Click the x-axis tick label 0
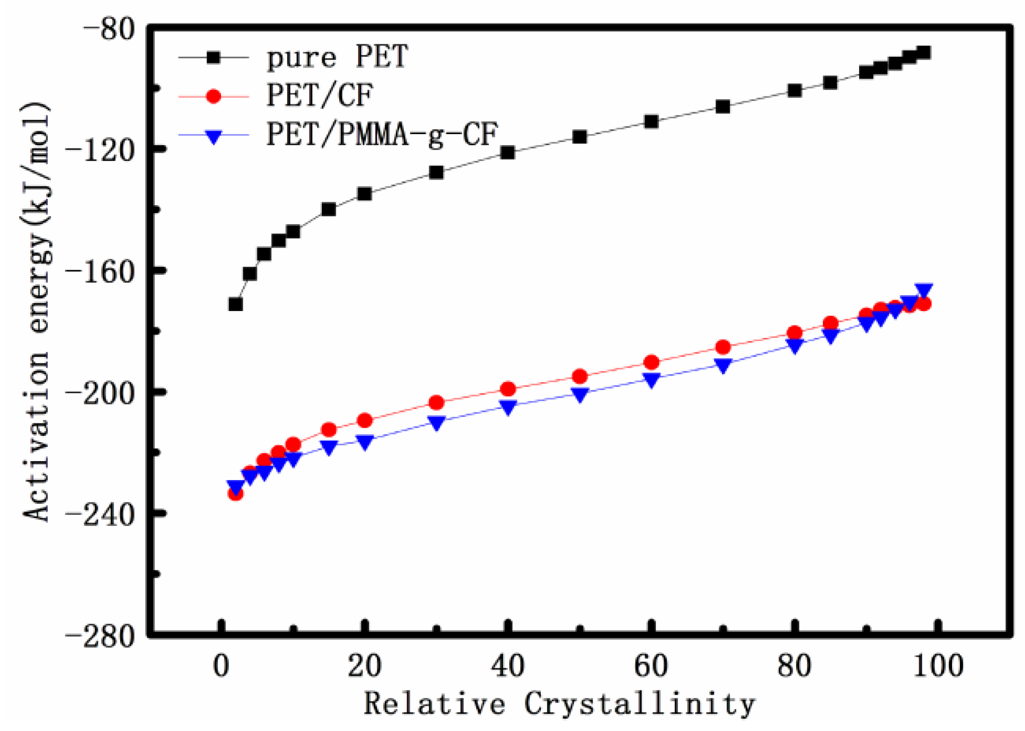221,666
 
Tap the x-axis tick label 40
508,666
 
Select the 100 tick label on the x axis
938,666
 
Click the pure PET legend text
337,58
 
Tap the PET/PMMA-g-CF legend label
382,134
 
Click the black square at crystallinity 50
580,137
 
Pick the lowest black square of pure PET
235,304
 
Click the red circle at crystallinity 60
651,362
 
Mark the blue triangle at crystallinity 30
436,423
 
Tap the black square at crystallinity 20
365,194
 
